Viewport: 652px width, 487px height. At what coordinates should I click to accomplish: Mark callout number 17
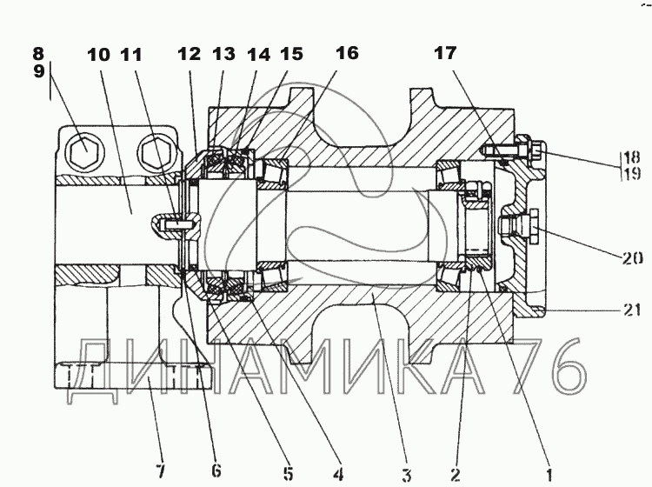(x=445, y=54)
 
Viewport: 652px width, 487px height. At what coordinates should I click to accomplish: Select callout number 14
(x=257, y=54)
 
